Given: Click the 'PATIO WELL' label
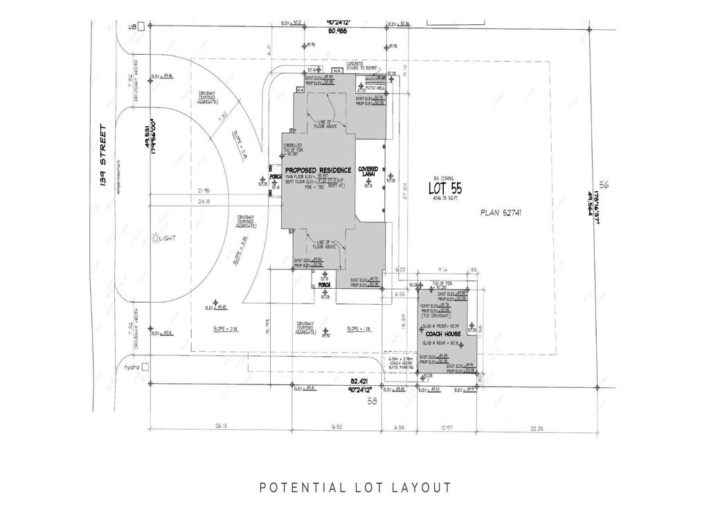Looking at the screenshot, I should pyautogui.click(x=376, y=89).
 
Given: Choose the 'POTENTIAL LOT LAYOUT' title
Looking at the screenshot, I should pyautogui.click(x=355, y=488).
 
